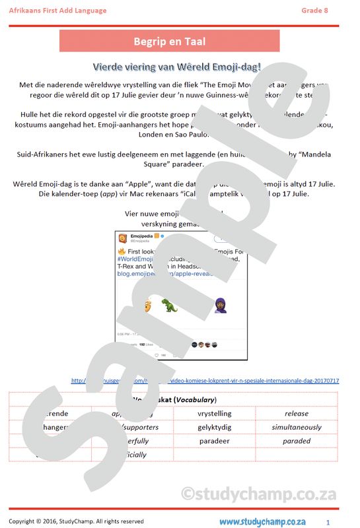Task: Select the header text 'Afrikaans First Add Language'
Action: [x=53, y=10]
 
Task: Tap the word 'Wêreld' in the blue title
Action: [x=192, y=67]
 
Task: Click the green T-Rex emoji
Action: [x=170, y=305]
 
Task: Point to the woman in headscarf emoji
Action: [x=220, y=305]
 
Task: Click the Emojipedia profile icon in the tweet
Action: [x=123, y=238]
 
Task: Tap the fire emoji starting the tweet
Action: [x=122, y=252]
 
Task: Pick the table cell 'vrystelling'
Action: [x=214, y=414]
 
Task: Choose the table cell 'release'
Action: [x=297, y=414]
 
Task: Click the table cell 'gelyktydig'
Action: [x=214, y=428]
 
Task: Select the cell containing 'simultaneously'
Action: [x=297, y=428]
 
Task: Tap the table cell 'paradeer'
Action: [x=214, y=441]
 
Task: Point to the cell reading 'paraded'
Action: [x=297, y=441]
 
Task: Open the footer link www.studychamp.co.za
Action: [x=262, y=521]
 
